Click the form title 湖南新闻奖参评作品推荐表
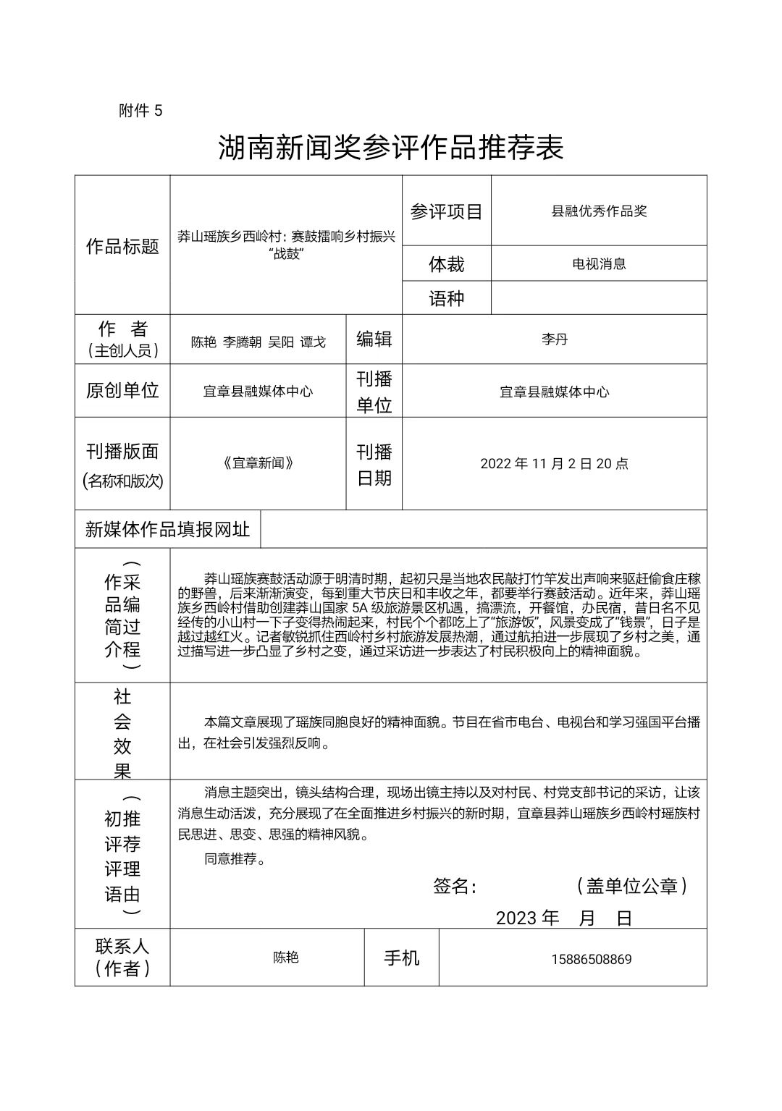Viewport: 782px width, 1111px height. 391,148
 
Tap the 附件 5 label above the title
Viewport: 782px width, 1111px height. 141,111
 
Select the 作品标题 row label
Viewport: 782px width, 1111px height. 122,246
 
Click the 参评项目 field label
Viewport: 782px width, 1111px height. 446,211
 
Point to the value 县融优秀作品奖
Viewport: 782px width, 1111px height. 599,211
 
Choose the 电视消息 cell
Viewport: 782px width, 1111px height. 599,263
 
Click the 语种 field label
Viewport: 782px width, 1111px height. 446,298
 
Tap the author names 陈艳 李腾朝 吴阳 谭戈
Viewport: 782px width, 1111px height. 258,342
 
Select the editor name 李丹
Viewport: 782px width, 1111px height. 555,339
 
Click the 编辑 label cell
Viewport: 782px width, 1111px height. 374,339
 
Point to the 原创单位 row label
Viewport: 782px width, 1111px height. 122,390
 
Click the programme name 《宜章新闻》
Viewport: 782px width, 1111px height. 258,463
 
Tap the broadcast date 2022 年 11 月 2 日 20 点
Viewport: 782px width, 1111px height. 555,463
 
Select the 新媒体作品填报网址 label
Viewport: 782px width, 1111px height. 167,529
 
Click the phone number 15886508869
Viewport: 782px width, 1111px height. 591,959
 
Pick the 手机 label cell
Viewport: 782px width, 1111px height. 402,958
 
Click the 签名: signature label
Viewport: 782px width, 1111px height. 455,886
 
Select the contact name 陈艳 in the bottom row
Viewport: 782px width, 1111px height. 286,958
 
